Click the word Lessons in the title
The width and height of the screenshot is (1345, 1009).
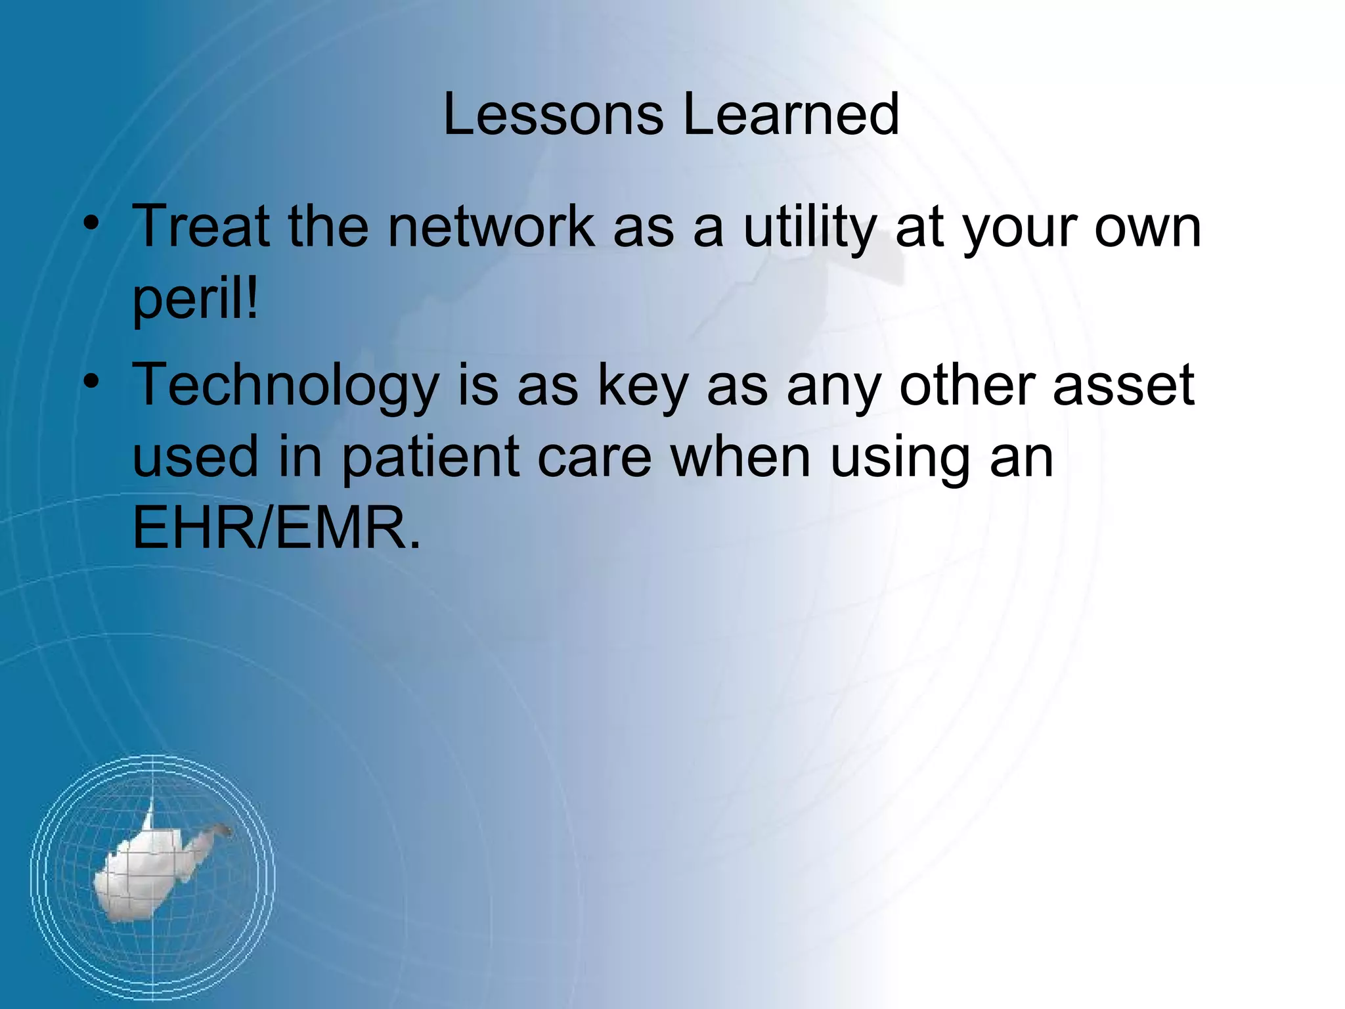pyautogui.click(x=554, y=115)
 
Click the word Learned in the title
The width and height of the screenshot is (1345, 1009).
pyautogui.click(x=791, y=115)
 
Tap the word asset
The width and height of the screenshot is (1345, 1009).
pyautogui.click(x=1124, y=386)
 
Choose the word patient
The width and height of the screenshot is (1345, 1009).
pyautogui.click(x=430, y=458)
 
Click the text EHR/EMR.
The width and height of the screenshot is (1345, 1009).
pyautogui.click(x=276, y=528)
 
